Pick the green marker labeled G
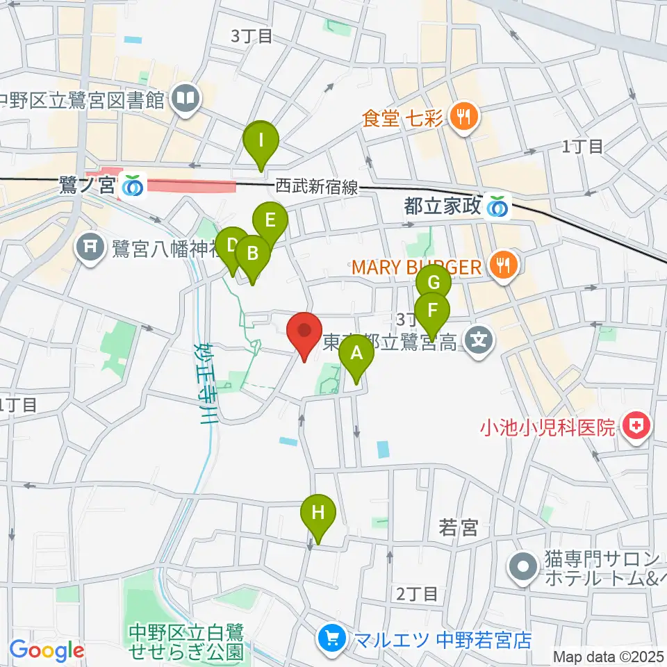(434, 283)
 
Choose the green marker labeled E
(271, 221)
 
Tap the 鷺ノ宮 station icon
(131, 186)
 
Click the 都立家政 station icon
(496, 206)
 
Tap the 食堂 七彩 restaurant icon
(461, 115)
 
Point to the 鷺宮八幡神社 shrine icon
(92, 247)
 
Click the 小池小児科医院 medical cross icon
(634, 425)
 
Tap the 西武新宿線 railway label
(316, 186)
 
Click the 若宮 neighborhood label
(459, 528)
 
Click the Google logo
(47, 651)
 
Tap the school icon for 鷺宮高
(479, 340)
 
